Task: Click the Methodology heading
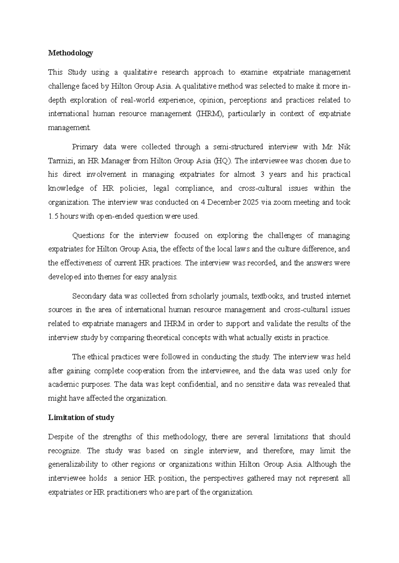70,53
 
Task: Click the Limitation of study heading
81,418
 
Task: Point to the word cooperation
146,371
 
